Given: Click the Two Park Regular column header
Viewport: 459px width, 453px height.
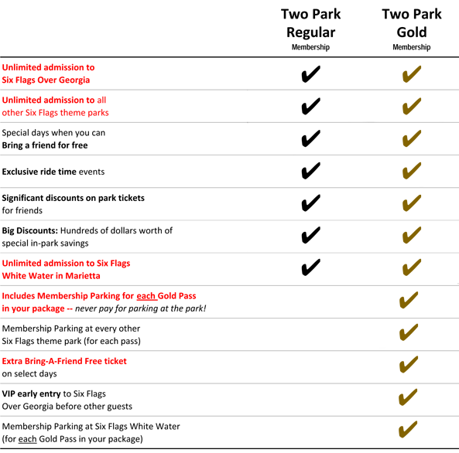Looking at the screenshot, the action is pyautogui.click(x=310, y=29).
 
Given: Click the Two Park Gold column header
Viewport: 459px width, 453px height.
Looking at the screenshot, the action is pyautogui.click(x=412, y=29).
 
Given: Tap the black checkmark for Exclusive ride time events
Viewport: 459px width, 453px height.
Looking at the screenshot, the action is pyautogui.click(x=310, y=171).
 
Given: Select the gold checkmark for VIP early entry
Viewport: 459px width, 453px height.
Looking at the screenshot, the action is pyautogui.click(x=408, y=397).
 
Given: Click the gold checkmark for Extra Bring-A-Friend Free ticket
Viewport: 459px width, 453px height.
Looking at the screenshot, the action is pyautogui.click(x=409, y=364).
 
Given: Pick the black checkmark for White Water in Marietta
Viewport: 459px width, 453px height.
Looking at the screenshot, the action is pyautogui.click(x=310, y=267).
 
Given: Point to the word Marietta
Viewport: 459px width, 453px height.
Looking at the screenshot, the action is pyautogui.click(x=83, y=276).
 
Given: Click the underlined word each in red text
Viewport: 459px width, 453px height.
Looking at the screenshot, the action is pyautogui.click(x=146, y=296).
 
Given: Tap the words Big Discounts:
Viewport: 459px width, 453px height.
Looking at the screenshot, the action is pyautogui.click(x=30, y=230).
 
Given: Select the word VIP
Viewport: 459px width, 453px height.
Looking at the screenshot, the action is pyautogui.click(x=9, y=393).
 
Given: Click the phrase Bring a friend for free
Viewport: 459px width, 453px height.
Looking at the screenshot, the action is pyautogui.click(x=45, y=145).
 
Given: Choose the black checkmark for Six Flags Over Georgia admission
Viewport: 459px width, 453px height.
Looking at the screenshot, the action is pyautogui.click(x=310, y=74).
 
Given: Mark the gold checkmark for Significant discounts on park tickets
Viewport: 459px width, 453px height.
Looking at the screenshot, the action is pyautogui.click(x=412, y=203).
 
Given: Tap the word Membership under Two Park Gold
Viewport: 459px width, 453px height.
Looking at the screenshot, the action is pyautogui.click(x=412, y=47).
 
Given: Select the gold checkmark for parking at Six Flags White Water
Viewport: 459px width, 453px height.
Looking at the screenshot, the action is pyautogui.click(x=408, y=429).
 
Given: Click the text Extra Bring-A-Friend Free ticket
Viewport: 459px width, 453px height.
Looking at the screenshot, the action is pyautogui.click(x=64, y=361).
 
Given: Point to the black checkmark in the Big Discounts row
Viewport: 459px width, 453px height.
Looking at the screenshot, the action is pyautogui.click(x=310, y=235).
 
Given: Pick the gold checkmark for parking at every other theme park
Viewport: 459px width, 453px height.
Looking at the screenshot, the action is pyautogui.click(x=409, y=332).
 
